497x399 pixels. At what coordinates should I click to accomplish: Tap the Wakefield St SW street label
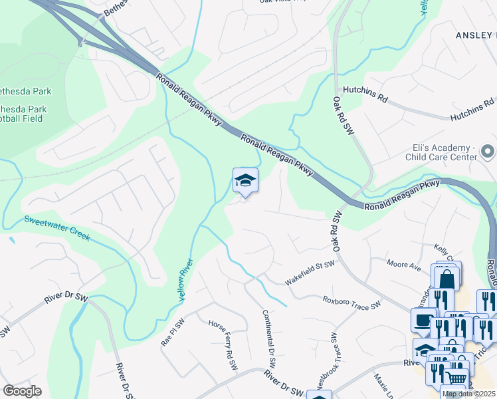point(310,273)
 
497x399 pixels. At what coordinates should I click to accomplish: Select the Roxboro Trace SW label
point(352,303)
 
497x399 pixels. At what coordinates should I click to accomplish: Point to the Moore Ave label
point(405,266)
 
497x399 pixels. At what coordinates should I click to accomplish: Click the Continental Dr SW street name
point(269,340)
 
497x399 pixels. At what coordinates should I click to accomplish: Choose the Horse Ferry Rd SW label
point(223,345)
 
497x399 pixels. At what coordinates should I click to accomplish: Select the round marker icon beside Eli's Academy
point(488,152)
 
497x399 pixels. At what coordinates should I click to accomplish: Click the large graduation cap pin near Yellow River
point(245,181)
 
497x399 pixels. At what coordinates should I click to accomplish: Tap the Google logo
point(23,390)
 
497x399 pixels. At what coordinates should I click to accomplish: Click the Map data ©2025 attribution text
point(469,394)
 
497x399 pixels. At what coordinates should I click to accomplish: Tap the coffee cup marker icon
point(423,320)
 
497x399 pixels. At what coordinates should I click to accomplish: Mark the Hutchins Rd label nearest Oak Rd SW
point(365,96)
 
